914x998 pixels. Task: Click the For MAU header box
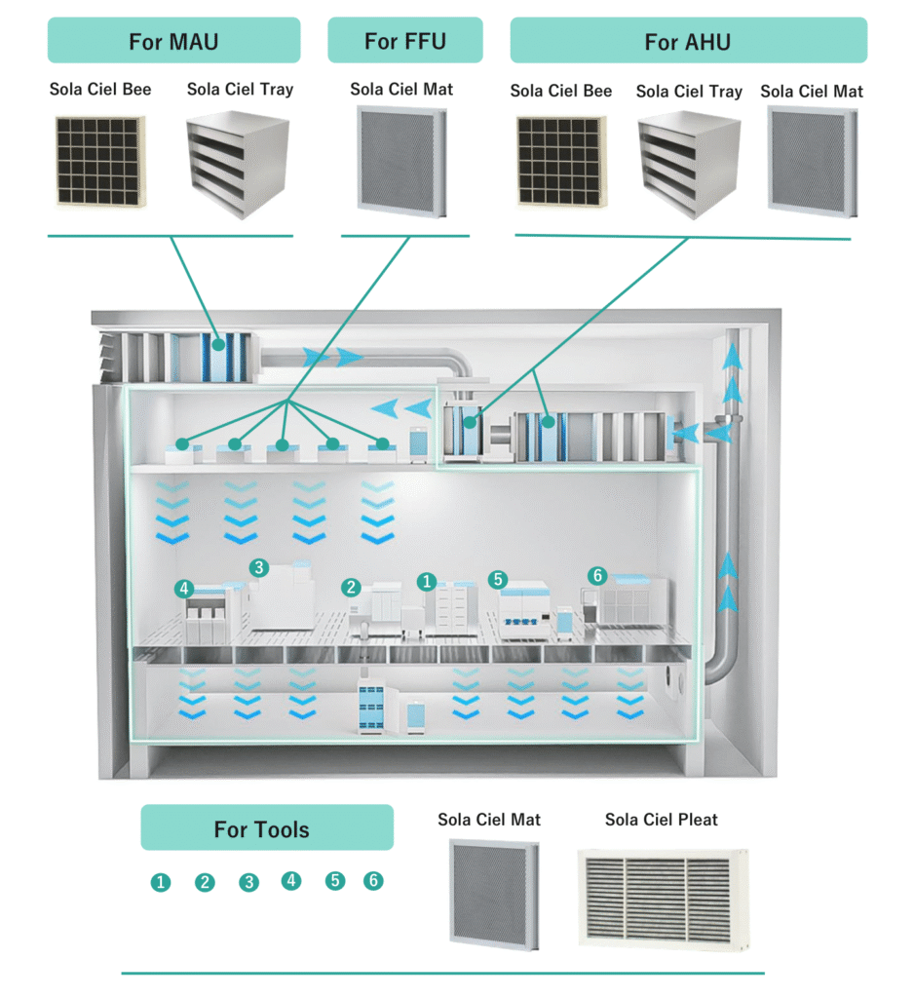173,41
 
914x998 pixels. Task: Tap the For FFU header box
404,41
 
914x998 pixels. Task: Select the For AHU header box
688,41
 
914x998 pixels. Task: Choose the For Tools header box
267,828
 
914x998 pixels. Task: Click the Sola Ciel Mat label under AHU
812,91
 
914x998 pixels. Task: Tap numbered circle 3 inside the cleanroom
258,566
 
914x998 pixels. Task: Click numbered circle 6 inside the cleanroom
597,576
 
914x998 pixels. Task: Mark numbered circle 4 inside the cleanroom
183,589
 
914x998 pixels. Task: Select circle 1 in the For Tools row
161,882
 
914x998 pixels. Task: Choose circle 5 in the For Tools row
335,880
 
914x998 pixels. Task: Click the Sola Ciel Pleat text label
661,819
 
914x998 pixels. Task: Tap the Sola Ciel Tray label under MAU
240,90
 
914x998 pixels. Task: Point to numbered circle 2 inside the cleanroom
351,588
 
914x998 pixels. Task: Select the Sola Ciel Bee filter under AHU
559,162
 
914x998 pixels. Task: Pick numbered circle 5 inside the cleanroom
498,580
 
